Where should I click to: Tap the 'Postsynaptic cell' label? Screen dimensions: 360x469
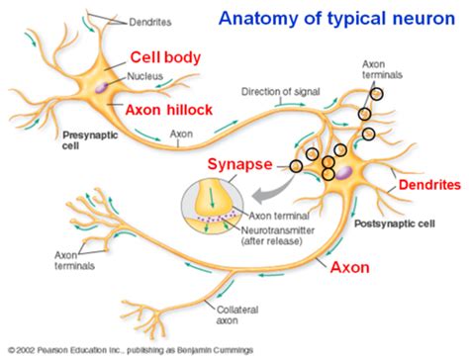coord(395,225)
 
